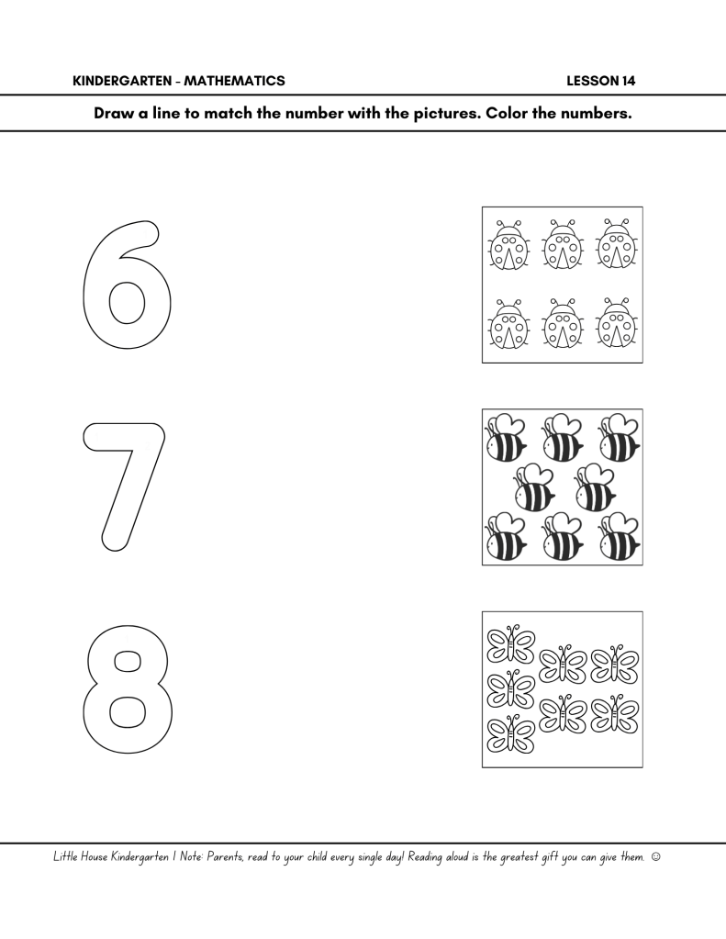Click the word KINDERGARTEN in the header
tap(122, 81)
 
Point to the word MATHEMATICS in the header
tap(234, 81)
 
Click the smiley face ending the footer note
tap(655, 857)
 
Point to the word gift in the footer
tap(549, 858)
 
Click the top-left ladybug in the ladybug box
tap(508, 244)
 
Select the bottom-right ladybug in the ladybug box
tap(617, 323)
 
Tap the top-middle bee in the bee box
tap(562, 437)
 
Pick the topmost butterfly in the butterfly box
tap(510, 645)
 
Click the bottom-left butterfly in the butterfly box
tap(510, 734)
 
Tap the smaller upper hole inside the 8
tap(127, 663)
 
